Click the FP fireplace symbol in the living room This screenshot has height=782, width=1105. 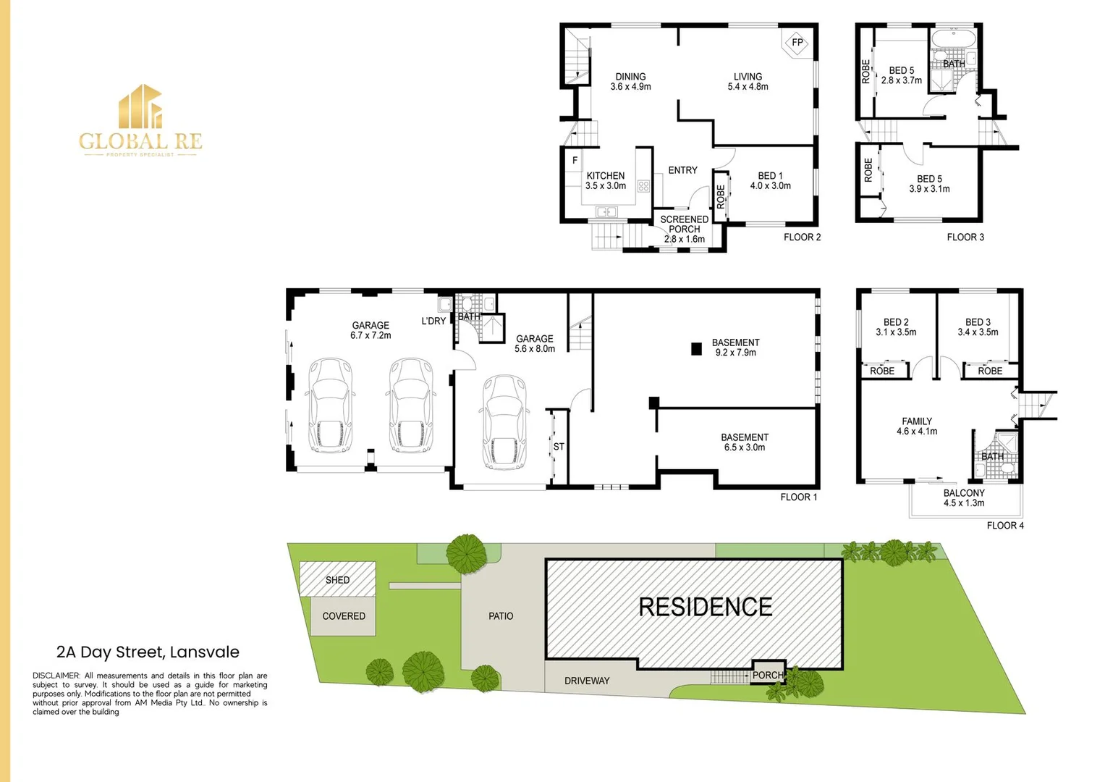[797, 42]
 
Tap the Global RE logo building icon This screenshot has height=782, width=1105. [140, 106]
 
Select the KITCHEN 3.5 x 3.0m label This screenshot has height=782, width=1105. [606, 181]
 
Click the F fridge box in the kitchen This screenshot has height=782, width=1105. [575, 161]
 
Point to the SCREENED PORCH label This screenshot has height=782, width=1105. [684, 224]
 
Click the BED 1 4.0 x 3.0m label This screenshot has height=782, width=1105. [770, 181]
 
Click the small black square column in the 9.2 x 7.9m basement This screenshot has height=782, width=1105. [696, 349]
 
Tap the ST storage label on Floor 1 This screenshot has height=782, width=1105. [559, 447]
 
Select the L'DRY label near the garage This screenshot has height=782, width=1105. [433, 321]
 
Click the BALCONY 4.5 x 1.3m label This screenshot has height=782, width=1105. [964, 497]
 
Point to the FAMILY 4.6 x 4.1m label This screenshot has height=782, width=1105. [917, 426]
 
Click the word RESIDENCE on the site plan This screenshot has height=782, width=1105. [705, 607]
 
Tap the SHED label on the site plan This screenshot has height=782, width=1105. [337, 580]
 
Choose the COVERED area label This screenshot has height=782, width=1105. [344, 616]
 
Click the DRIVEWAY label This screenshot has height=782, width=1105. [587, 681]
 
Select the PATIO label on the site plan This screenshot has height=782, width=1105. [501, 616]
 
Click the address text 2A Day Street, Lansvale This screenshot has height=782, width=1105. [148, 652]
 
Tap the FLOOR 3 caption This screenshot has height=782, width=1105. [965, 237]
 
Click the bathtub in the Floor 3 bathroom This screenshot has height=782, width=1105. [953, 38]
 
